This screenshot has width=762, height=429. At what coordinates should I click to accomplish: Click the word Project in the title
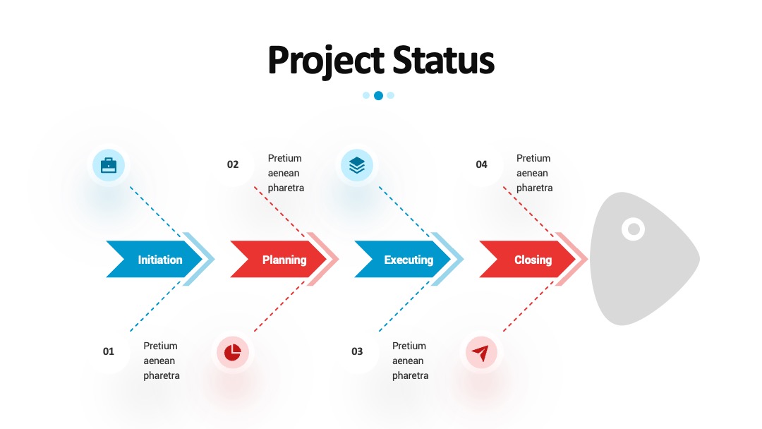pos(326,60)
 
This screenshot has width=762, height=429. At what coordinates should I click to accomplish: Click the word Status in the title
pos(443,60)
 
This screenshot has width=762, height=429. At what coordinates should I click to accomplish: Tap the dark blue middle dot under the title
pos(378,96)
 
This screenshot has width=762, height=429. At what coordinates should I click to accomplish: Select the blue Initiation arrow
pos(154,260)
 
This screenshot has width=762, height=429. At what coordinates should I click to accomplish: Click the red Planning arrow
pos(279,260)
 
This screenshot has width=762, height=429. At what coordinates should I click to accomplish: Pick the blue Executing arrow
pos(403,260)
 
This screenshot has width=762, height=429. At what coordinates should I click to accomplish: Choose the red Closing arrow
pos(527,260)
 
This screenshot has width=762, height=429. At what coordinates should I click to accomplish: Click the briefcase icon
pos(109,165)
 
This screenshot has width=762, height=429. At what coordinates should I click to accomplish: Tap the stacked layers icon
pos(357,165)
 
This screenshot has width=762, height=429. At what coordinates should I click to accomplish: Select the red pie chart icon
pos(232,352)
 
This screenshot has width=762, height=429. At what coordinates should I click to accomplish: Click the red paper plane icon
pos(480,353)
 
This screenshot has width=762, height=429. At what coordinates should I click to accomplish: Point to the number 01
pos(109,351)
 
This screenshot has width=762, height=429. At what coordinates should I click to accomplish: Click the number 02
pos(233,164)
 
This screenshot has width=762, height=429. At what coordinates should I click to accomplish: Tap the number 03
pos(357,351)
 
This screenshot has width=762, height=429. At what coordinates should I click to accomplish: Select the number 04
pos(482,164)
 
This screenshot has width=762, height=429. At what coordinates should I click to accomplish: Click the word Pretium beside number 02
pos(285,158)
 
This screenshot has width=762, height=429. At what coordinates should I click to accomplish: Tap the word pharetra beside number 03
pos(410,375)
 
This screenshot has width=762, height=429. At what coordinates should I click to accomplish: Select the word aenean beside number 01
pos(159,361)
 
